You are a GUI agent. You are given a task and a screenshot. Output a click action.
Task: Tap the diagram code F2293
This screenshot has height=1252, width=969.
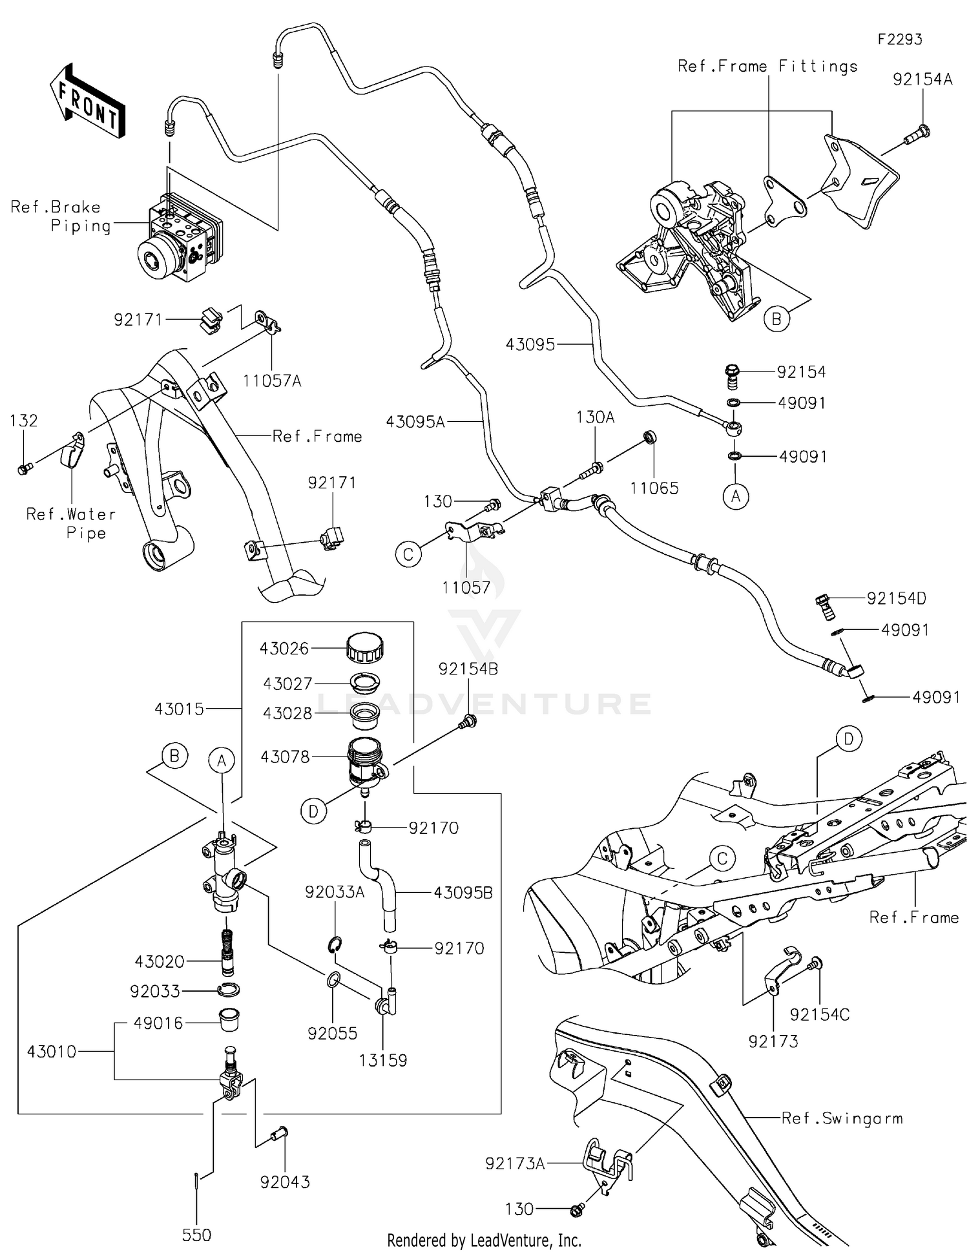point(899,39)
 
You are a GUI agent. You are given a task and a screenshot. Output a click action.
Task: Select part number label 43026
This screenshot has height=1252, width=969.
point(284,648)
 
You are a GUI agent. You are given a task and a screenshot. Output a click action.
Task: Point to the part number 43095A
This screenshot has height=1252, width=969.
point(415,422)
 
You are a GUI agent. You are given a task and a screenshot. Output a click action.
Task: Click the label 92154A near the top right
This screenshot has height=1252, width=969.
point(922,79)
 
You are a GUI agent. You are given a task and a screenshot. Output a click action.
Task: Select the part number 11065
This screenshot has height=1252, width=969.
point(654,488)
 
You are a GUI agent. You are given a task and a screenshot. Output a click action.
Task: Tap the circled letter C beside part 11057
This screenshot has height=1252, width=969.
point(408,554)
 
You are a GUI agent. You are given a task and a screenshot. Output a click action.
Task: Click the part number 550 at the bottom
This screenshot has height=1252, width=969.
point(196,1235)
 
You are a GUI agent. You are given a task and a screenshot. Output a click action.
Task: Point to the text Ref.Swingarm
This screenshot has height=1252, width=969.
point(842,1118)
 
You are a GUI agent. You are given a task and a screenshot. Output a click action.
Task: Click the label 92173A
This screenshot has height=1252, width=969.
point(515,1163)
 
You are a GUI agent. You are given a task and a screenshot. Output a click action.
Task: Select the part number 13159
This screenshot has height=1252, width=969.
point(383,1060)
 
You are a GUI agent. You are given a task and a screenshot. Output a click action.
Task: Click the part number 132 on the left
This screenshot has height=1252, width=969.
point(24,421)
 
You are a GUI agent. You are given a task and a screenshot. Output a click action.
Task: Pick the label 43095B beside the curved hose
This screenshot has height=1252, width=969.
point(463,893)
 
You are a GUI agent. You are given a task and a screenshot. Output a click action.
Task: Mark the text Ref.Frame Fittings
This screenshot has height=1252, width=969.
point(767,66)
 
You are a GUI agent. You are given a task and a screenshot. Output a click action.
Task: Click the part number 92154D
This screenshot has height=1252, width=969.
point(896,598)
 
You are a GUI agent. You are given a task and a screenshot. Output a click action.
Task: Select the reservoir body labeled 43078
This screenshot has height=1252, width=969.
point(366,762)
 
